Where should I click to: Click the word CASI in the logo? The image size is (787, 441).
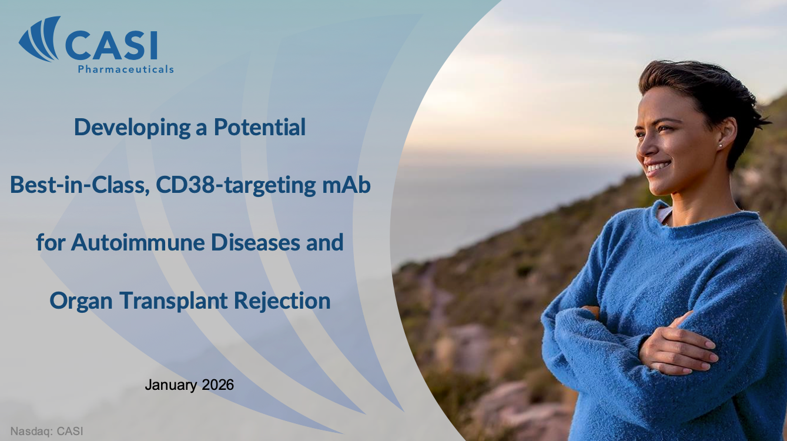[111, 45]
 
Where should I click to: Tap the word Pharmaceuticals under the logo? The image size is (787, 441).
[126, 69]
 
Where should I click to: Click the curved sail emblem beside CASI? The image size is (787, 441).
[39, 39]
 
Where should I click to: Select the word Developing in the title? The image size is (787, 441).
[132, 128]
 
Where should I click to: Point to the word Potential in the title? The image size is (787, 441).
[260, 127]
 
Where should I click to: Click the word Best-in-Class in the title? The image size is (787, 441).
[78, 185]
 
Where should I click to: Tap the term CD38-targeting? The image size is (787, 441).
[236, 186]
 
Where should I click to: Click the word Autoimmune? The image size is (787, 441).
[138, 242]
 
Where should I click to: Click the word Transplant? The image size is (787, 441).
[173, 301]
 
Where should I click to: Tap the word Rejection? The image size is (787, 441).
[282, 301]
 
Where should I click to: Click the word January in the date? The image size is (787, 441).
[171, 386]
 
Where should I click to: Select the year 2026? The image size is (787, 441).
[218, 385]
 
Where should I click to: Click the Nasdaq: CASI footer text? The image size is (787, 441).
[47, 431]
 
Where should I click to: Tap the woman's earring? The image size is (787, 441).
[720, 145]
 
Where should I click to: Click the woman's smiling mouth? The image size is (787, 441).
[658, 167]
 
